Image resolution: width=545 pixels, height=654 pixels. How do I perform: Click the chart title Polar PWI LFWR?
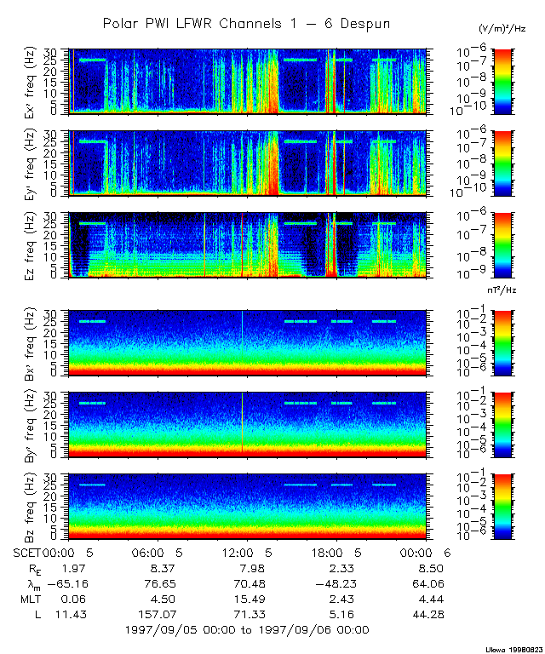click(246, 24)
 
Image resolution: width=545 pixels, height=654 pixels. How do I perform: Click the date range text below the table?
click(246, 630)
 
